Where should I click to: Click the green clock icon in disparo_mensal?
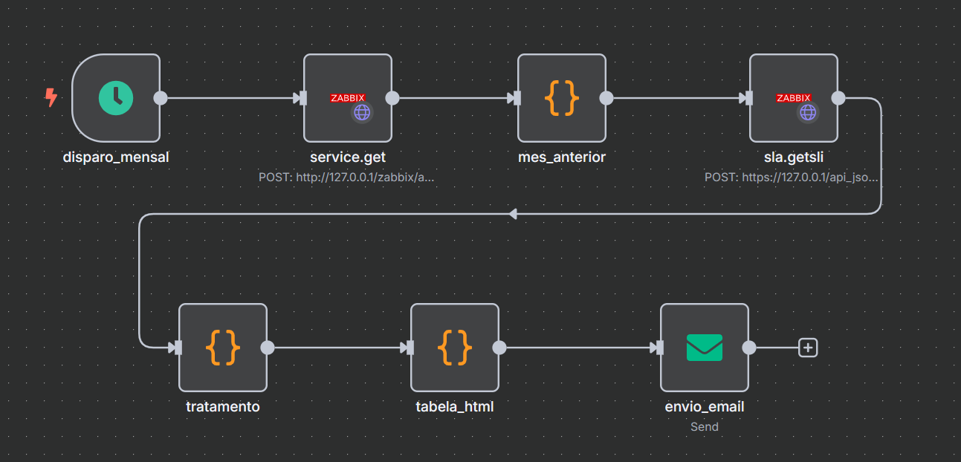[116, 98]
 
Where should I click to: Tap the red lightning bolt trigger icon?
[51, 97]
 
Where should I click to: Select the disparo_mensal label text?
[116, 157]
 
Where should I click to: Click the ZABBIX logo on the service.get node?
[347, 97]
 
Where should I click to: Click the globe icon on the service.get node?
[362, 112]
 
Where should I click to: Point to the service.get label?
[347, 157]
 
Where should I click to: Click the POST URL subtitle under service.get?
[346, 178]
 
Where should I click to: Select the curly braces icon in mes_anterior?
[562, 98]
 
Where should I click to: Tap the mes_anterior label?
[562, 157]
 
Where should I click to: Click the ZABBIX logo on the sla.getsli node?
[793, 97]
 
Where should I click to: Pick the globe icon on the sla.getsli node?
[808, 112]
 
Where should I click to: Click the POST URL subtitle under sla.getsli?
[792, 178]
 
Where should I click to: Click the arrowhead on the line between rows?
[513, 214]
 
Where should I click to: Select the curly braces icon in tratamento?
[223, 347]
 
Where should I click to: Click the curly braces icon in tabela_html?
[455, 347]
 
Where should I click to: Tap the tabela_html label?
[455, 406]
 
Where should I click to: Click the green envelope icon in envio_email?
[704, 347]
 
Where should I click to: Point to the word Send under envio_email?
[704, 426]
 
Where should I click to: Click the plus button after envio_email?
[808, 347]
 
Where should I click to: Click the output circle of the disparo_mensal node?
[159, 98]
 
